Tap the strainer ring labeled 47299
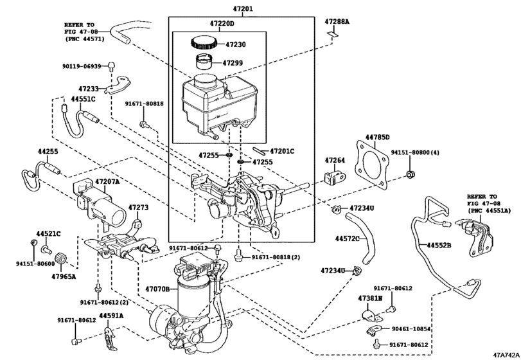pos(206,64)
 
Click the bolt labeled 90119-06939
pos(111,65)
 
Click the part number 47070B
pos(159,289)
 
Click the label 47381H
pos(370,299)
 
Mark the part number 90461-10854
pos(411,328)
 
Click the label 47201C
pos(281,151)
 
